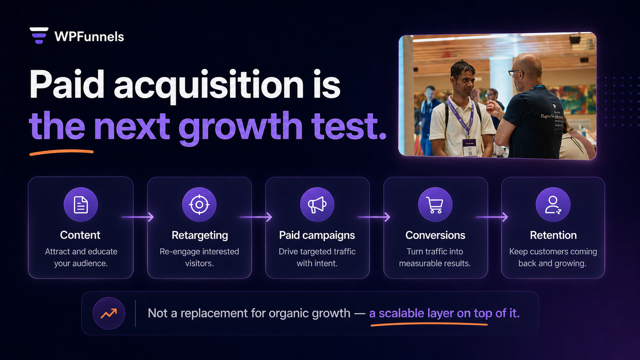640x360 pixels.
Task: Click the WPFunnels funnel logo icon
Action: coord(39,36)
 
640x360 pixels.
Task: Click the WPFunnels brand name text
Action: coord(89,37)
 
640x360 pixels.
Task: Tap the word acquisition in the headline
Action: coord(209,85)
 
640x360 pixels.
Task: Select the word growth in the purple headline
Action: coord(240,127)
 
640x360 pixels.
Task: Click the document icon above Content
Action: coord(81,205)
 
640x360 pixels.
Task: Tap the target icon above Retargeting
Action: coord(199,205)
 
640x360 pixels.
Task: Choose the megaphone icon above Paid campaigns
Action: coord(317,205)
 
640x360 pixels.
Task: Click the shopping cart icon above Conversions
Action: coord(435,205)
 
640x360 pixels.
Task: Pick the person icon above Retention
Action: coord(553,205)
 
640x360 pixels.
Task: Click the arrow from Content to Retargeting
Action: coord(138,217)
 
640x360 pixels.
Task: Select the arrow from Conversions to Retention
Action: coord(492,217)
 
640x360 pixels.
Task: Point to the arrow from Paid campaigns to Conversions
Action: coord(374,217)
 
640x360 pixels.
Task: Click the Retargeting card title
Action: coord(200,235)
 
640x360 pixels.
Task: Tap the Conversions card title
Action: coord(435,235)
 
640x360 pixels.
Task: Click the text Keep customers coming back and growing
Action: coord(553,257)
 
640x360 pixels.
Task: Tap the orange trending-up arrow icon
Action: coord(109,313)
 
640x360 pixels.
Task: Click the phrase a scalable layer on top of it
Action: coord(444,313)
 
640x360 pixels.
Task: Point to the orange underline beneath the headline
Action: coord(61,153)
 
